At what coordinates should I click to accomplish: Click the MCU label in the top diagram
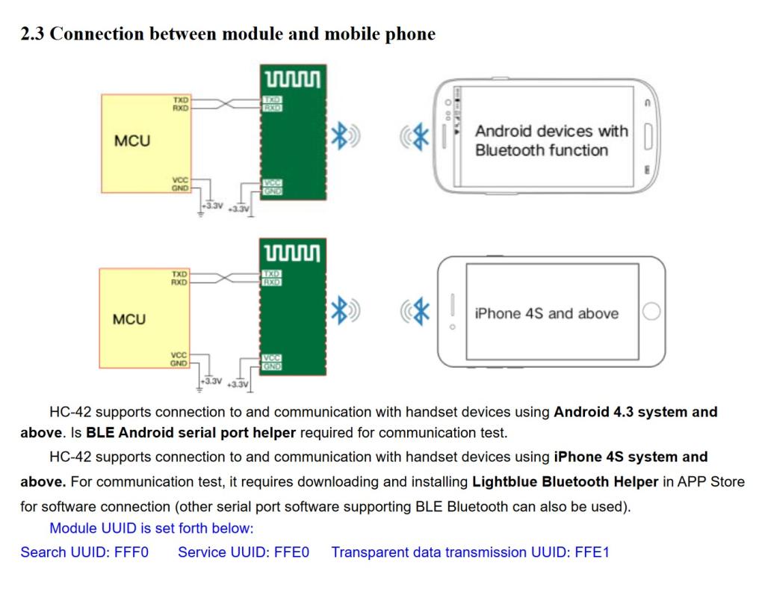pyautogui.click(x=131, y=141)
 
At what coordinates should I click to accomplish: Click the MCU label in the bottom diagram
pyautogui.click(x=129, y=319)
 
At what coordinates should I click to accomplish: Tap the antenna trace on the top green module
pyautogui.click(x=293, y=79)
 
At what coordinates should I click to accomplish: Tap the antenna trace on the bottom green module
pyautogui.click(x=292, y=253)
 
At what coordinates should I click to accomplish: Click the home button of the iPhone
pyautogui.click(x=651, y=312)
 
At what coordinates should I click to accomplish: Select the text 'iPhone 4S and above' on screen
pyautogui.click(x=547, y=313)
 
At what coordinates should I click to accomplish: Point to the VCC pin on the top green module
pyautogui.click(x=272, y=183)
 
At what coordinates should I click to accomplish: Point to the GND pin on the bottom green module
pyautogui.click(x=272, y=366)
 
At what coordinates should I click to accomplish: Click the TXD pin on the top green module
pyautogui.click(x=271, y=99)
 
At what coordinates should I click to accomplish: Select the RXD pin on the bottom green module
pyautogui.click(x=271, y=282)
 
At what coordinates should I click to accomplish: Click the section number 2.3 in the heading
pyautogui.click(x=32, y=34)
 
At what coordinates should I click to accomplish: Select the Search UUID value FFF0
pyautogui.click(x=131, y=552)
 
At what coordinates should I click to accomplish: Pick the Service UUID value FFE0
pyautogui.click(x=291, y=552)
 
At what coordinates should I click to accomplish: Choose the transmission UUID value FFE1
pyautogui.click(x=592, y=552)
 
